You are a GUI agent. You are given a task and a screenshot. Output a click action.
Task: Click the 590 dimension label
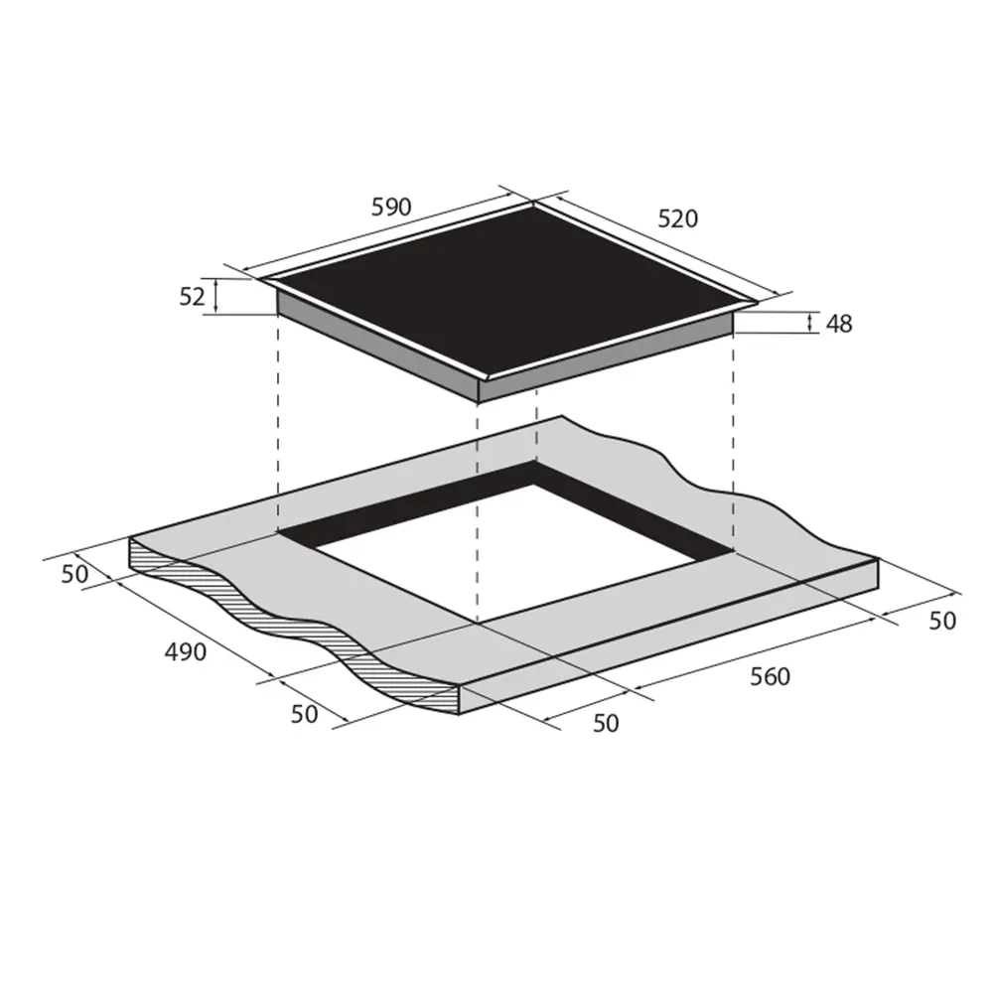coord(391,208)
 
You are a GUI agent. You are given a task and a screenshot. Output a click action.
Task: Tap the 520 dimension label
coord(678,219)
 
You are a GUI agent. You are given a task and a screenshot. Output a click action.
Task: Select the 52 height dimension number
coord(194,296)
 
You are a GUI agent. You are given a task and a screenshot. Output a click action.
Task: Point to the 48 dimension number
coord(839,324)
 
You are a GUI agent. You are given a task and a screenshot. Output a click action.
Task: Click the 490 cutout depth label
coord(185,652)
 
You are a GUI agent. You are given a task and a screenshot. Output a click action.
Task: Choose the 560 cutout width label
coord(770,677)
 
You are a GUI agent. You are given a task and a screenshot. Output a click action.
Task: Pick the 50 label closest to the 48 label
coord(941,621)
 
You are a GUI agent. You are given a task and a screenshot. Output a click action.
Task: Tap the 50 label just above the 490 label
coord(74,574)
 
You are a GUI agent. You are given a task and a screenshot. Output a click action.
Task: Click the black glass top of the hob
coord(506,293)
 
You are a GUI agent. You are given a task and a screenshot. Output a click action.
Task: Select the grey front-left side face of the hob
coord(377,348)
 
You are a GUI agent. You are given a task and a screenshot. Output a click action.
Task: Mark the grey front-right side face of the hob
coord(606,363)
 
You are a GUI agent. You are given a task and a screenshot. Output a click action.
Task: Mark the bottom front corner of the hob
coord(479,401)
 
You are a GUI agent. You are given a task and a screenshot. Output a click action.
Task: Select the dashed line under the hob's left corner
coord(278,427)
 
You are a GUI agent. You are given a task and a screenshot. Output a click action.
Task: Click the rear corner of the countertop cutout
coord(537,463)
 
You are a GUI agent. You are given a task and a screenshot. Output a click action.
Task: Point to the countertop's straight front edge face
coord(675,636)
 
